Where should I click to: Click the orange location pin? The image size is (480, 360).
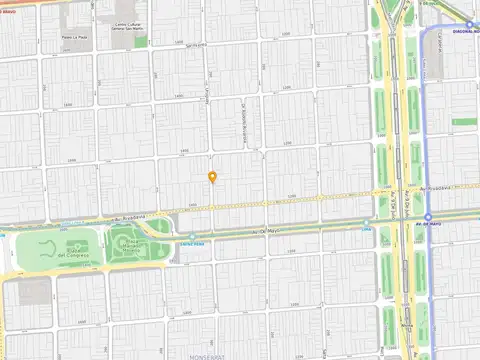coord(212,177)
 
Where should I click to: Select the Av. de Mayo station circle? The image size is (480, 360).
coord(428,217)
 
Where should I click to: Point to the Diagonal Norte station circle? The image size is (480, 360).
coord(470,24)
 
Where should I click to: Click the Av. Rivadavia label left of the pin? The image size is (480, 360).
coord(129,215)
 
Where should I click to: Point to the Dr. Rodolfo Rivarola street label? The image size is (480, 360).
coord(242,112)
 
